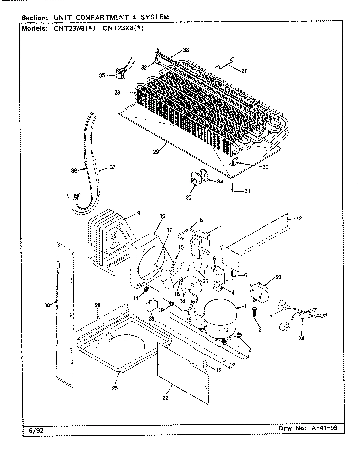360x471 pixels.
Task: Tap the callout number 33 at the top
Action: [186, 50]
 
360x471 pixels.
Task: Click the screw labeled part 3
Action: [254, 313]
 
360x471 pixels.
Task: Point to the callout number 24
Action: [301, 339]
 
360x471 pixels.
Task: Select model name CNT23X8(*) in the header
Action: [123, 28]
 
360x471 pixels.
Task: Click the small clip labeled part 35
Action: [119, 74]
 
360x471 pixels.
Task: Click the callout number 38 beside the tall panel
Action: [47, 305]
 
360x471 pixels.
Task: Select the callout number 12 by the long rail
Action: [299, 218]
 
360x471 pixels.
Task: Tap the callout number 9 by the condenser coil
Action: [138, 213]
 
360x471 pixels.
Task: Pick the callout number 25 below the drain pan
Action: [115, 388]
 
